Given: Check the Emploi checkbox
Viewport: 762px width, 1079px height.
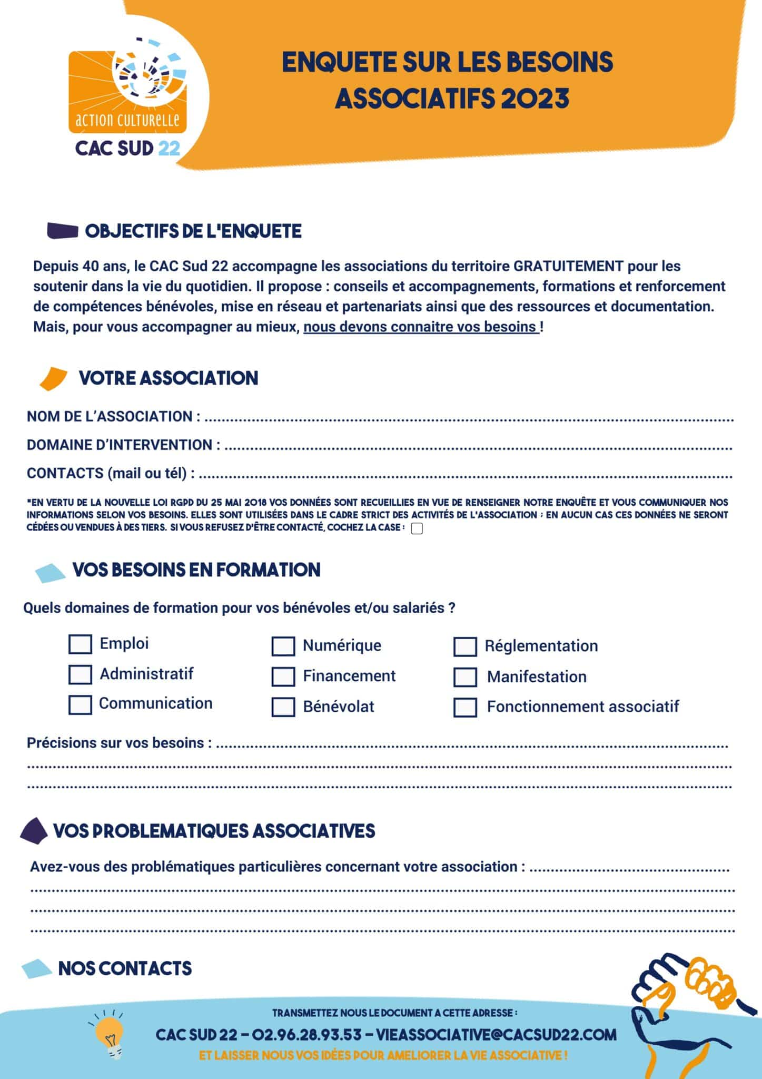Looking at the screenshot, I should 80,644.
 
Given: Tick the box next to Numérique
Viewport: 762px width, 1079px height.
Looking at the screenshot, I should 283,646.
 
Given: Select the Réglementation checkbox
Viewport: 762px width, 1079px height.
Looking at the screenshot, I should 465,647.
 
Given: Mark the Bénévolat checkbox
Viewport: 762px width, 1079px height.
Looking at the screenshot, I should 283,707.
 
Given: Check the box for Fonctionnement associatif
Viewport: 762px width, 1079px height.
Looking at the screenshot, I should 465,708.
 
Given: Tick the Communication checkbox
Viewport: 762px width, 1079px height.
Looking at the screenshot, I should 80,705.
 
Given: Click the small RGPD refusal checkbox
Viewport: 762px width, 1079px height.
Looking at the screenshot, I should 417,529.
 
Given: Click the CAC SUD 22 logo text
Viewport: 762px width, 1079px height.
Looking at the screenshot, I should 128,148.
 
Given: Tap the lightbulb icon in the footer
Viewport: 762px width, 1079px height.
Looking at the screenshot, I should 110,1034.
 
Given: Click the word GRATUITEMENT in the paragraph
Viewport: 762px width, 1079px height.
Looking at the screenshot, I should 568,266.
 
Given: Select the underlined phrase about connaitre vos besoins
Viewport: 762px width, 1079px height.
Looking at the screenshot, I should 421,327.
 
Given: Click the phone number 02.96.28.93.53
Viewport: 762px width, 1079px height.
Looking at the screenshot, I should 306,1035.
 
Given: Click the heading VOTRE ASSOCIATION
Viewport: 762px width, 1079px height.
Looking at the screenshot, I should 169,378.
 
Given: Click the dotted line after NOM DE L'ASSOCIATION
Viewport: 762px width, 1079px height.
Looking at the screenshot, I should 469,419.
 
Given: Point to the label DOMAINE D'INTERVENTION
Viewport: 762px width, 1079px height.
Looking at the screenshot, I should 123,445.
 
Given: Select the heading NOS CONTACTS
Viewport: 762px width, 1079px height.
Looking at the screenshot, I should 125,968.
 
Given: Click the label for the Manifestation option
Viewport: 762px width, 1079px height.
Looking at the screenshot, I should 537,677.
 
